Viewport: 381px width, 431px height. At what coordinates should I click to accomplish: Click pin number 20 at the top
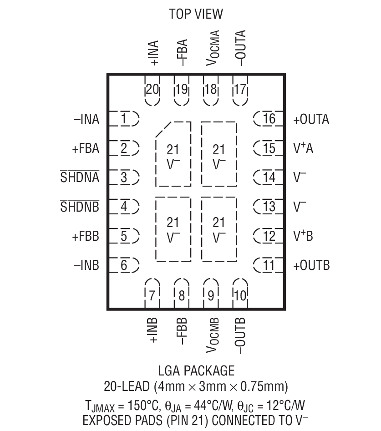[152, 90]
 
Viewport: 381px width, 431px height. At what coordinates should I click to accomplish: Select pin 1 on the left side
[124, 119]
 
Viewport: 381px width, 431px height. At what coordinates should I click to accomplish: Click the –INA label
[86, 120]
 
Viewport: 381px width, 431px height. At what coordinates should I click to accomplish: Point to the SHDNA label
[80, 178]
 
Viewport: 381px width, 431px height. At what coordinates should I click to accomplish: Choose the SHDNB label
[80, 207]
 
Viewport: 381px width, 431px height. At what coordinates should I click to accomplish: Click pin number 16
[269, 119]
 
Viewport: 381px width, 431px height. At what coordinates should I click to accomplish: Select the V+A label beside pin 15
[303, 148]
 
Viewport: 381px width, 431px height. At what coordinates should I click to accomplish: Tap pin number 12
[269, 236]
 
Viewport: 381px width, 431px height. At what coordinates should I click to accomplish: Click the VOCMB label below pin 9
[213, 335]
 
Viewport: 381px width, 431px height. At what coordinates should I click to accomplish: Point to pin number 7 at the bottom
[152, 296]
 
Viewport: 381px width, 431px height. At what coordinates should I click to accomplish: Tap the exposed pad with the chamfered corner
[173, 155]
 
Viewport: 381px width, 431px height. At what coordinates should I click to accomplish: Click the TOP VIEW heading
[196, 14]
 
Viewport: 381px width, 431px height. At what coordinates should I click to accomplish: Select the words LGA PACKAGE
[196, 370]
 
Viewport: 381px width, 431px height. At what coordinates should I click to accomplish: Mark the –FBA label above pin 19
[182, 54]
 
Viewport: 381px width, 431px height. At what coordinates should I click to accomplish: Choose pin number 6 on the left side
[124, 265]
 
